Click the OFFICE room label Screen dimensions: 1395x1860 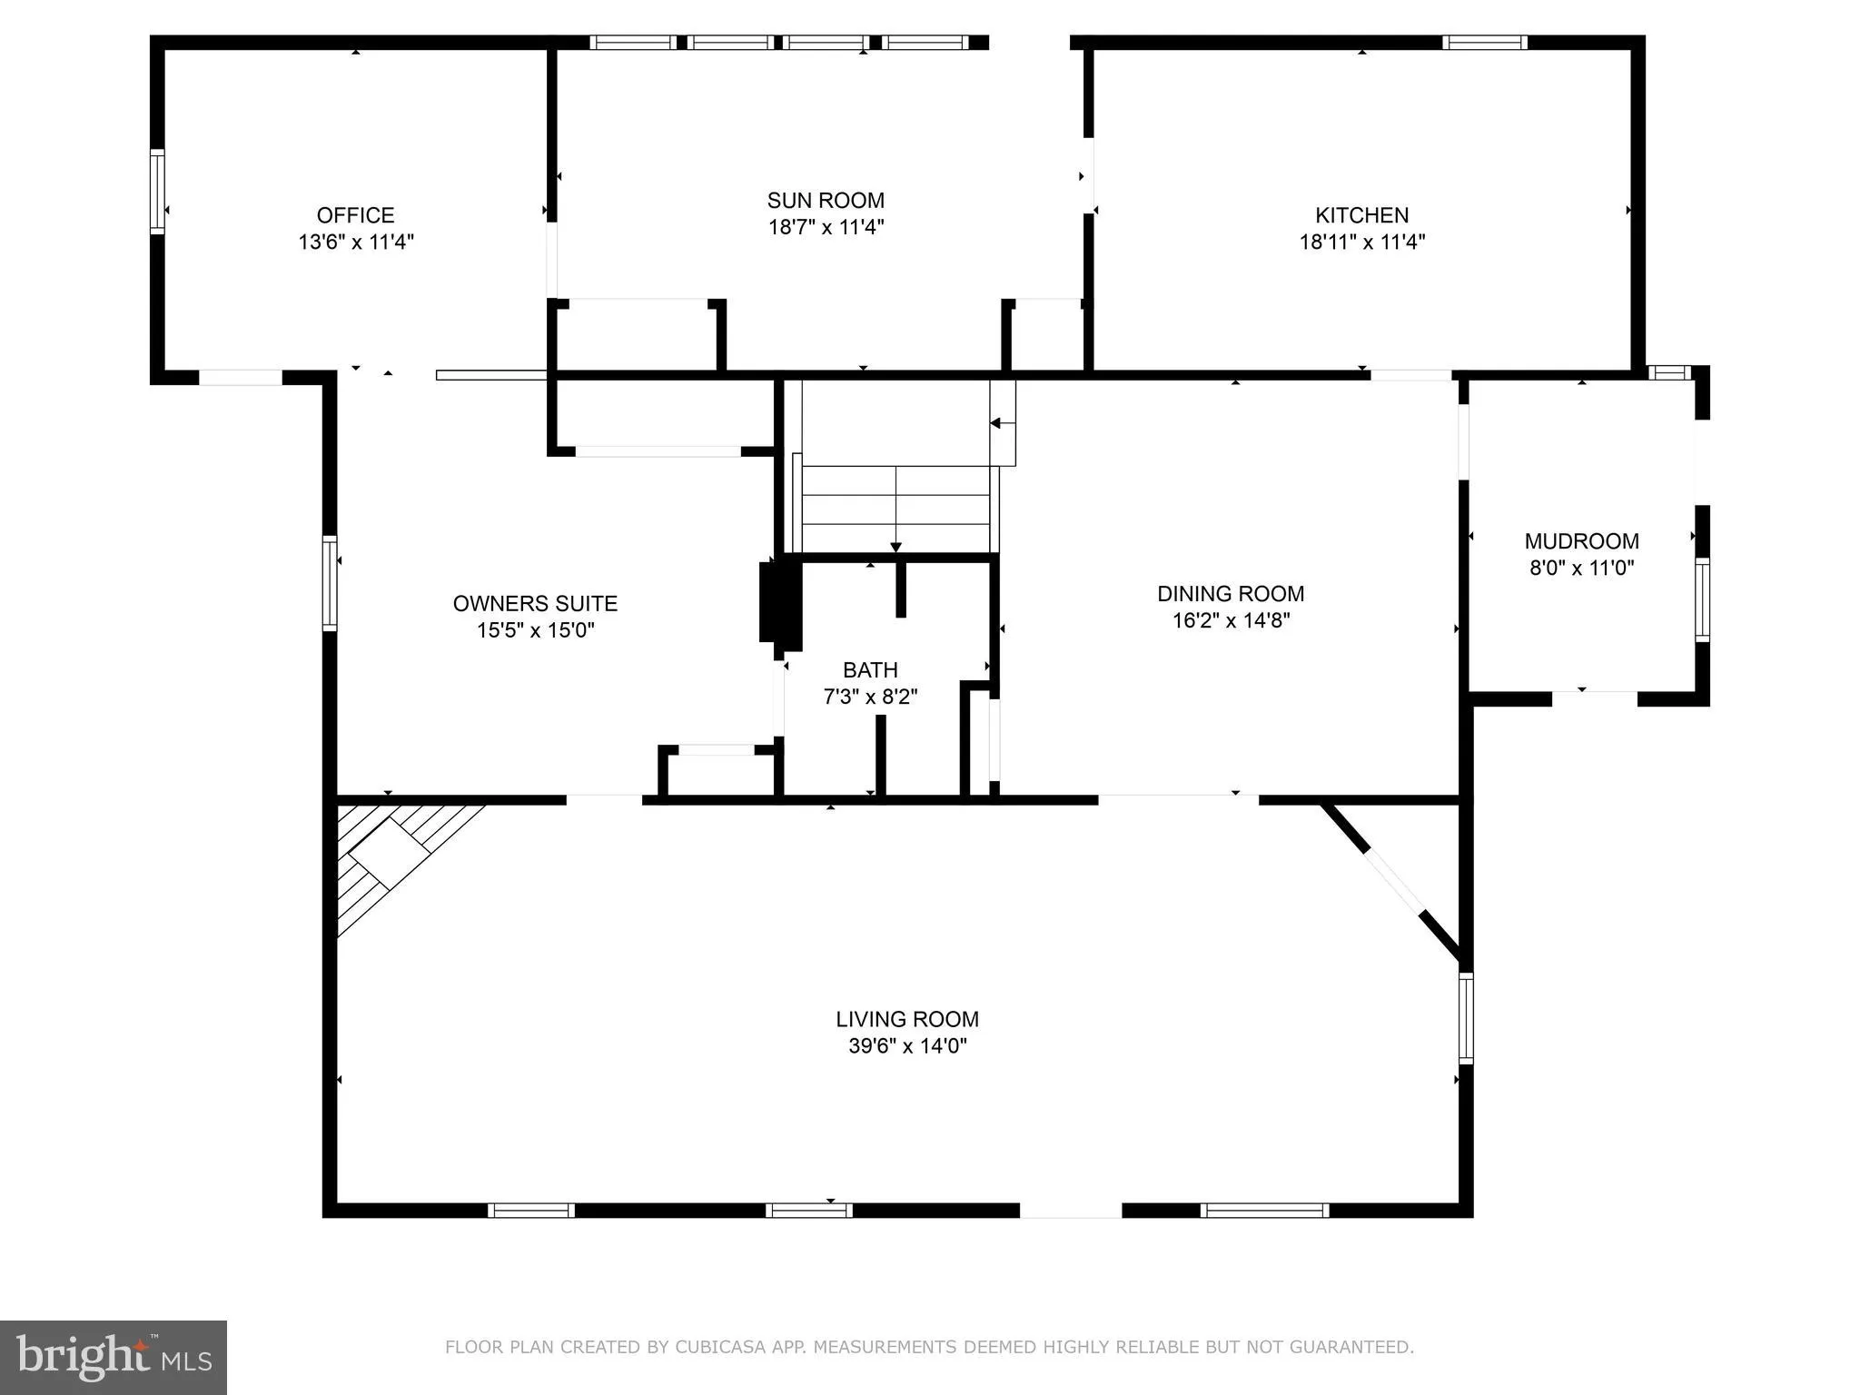click(355, 215)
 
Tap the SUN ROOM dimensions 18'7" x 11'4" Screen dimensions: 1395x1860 click(826, 227)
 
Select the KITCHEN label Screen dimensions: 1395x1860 click(1361, 215)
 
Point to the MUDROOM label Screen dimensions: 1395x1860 click(1581, 541)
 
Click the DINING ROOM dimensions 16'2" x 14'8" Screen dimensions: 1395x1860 click(1231, 620)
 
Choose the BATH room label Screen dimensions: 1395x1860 click(870, 670)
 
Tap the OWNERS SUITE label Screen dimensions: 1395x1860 click(535, 604)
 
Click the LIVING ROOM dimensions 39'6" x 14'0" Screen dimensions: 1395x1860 click(907, 1045)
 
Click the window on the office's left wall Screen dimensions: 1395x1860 click(157, 192)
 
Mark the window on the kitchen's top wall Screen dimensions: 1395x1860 click(1484, 42)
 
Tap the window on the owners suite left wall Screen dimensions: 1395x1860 click(331, 583)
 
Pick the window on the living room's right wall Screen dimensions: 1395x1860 click(1465, 1018)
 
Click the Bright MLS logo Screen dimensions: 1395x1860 click(113, 1357)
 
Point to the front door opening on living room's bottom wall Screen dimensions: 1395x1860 click(1071, 1210)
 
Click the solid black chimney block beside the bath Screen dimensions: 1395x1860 click(780, 605)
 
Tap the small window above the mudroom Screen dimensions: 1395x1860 click(1668, 372)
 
